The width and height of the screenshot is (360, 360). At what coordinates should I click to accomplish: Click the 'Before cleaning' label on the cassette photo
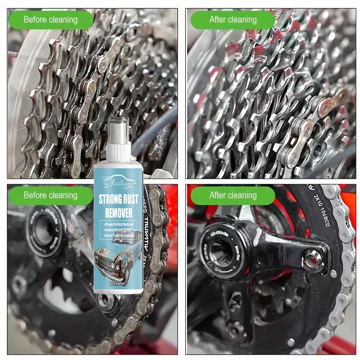coord(50,20)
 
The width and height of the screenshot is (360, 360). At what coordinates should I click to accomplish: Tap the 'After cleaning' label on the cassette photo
coord(233,20)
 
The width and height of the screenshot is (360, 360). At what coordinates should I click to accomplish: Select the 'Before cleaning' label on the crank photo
coord(50,195)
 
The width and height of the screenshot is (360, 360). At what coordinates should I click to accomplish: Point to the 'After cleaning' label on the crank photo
coord(233,195)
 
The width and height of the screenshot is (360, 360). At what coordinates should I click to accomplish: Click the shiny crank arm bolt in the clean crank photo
coord(311,259)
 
